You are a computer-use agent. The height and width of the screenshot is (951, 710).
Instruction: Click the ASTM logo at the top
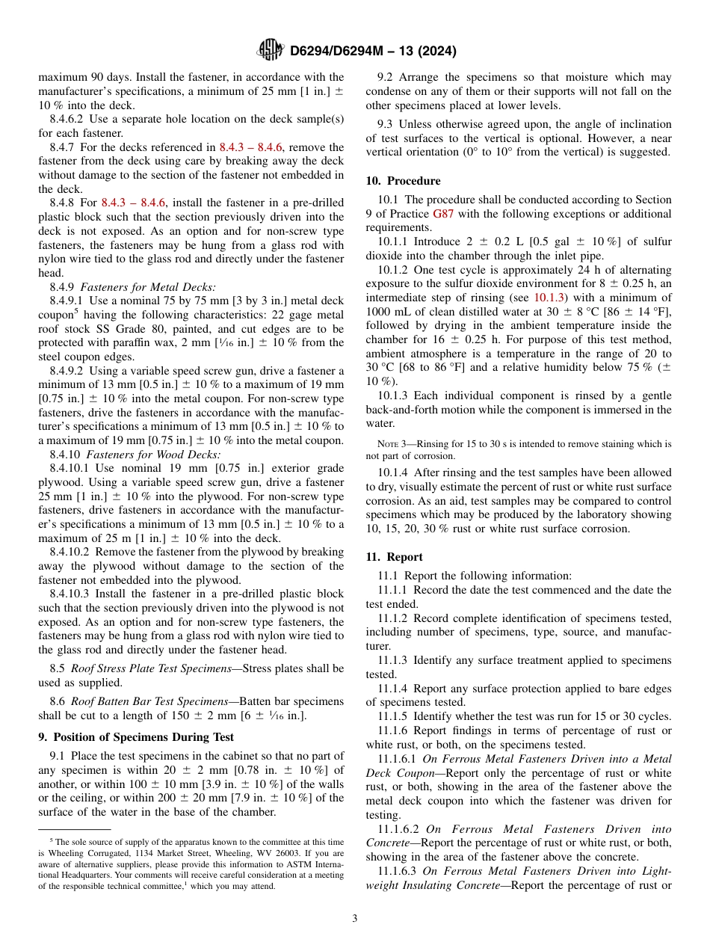pyautogui.click(x=270, y=50)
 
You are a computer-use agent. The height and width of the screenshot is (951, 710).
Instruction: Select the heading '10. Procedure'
pyautogui.click(x=403, y=181)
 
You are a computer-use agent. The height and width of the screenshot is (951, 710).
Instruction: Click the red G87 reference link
pyautogui.click(x=443, y=214)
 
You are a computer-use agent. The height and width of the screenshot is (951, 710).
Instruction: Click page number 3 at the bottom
pyautogui.click(x=355, y=918)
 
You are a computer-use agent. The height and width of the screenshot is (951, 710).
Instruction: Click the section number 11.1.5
pyautogui.click(x=398, y=716)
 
